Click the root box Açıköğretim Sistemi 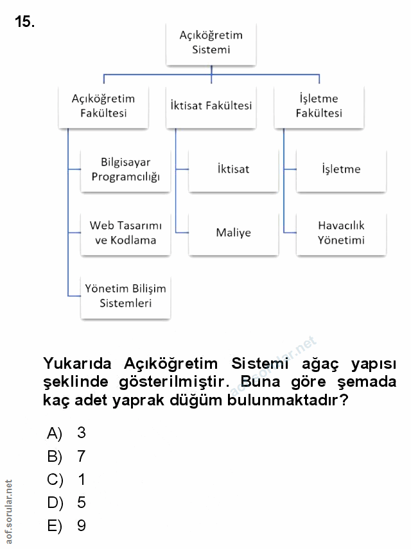pyautogui.click(x=211, y=42)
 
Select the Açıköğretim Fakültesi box pyautogui.click(x=103, y=106)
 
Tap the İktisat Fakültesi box pyautogui.click(x=211, y=106)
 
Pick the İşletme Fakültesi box pyautogui.click(x=319, y=106)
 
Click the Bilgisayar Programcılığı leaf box pyautogui.click(x=125, y=169)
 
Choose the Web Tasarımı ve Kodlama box pyautogui.click(x=125, y=233)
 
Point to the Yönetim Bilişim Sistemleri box pyautogui.click(x=125, y=296)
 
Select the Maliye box pyautogui.click(x=233, y=233)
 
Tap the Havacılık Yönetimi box pyautogui.click(x=341, y=233)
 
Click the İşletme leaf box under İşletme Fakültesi pyautogui.click(x=341, y=169)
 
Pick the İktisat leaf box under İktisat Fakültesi pyautogui.click(x=233, y=169)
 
